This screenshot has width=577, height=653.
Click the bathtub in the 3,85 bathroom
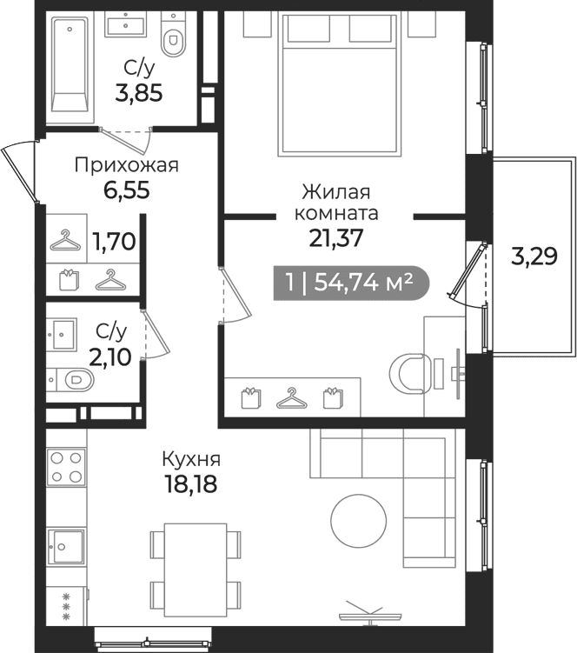coord(70,64)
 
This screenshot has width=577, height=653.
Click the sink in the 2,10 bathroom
coord(61,334)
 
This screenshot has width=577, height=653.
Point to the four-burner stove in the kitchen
coord(66,467)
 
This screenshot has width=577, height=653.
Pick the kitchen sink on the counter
coord(66,546)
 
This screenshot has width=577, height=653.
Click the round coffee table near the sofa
coord(358,521)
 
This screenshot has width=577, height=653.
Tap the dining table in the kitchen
coord(196,570)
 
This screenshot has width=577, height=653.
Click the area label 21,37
coord(335,238)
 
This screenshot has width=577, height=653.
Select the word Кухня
coord(191,459)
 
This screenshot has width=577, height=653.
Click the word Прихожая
coord(127,165)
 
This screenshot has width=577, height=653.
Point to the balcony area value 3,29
coord(534,257)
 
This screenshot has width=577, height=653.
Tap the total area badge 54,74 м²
coord(350,283)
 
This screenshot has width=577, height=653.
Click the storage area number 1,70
coord(114,241)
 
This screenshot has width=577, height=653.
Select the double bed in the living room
coord(339,84)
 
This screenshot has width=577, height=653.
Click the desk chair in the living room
coord(409,373)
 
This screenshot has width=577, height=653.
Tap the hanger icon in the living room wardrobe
coord(292,398)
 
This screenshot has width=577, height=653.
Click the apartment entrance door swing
coord(20,174)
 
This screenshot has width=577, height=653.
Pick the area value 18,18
coord(190,484)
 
